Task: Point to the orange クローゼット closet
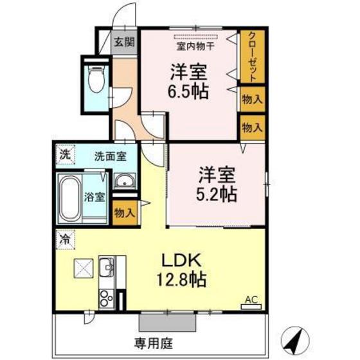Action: click(253, 57)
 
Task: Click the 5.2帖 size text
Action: click(217, 194)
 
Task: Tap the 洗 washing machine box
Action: click(64, 154)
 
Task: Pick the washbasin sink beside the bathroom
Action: click(124, 183)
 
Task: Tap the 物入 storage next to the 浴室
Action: click(124, 213)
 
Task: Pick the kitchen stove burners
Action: click(105, 299)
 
